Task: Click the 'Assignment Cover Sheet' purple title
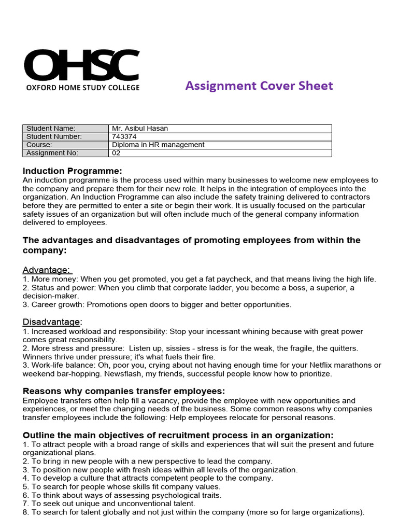[x=259, y=86]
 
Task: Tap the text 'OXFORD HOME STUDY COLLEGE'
[x=83, y=88]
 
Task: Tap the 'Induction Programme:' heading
[x=73, y=171]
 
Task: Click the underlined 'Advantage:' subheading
[x=47, y=270]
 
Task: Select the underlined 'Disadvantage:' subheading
[x=52, y=322]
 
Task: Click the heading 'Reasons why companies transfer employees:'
[x=124, y=391]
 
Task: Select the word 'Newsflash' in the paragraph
[x=121, y=374]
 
